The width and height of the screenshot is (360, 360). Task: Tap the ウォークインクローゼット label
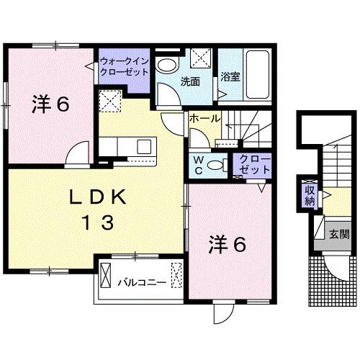125,66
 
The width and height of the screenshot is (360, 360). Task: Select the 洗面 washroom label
190,81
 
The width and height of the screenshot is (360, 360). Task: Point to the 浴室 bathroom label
230,76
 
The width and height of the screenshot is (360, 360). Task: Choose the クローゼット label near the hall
254,164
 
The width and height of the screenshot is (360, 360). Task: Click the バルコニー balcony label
142,282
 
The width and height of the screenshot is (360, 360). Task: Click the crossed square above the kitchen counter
110,102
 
